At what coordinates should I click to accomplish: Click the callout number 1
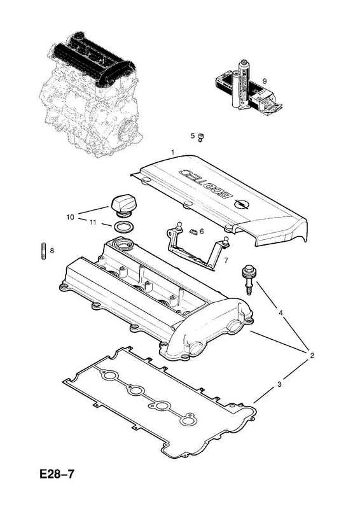pyautogui.click(x=173, y=152)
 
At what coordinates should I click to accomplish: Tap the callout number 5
pyautogui.click(x=193, y=136)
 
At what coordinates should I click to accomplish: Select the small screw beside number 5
pyautogui.click(x=200, y=137)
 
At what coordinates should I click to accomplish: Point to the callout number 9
pyautogui.click(x=265, y=81)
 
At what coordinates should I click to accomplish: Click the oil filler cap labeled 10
pyautogui.click(x=121, y=206)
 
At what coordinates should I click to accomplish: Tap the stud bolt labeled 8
pyautogui.click(x=43, y=251)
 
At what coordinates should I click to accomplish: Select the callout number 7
pyautogui.click(x=226, y=260)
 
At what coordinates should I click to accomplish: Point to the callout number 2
pyautogui.click(x=312, y=356)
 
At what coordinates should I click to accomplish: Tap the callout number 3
pyautogui.click(x=279, y=385)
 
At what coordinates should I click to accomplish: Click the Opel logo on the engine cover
pyautogui.click(x=239, y=204)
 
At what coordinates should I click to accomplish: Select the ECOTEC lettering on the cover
pyautogui.click(x=204, y=184)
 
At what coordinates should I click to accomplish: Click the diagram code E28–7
pyautogui.click(x=57, y=474)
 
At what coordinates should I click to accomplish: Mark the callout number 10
pyautogui.click(x=70, y=217)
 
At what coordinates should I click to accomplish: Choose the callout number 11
pyautogui.click(x=93, y=222)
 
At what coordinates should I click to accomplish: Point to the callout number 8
pyautogui.click(x=52, y=251)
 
